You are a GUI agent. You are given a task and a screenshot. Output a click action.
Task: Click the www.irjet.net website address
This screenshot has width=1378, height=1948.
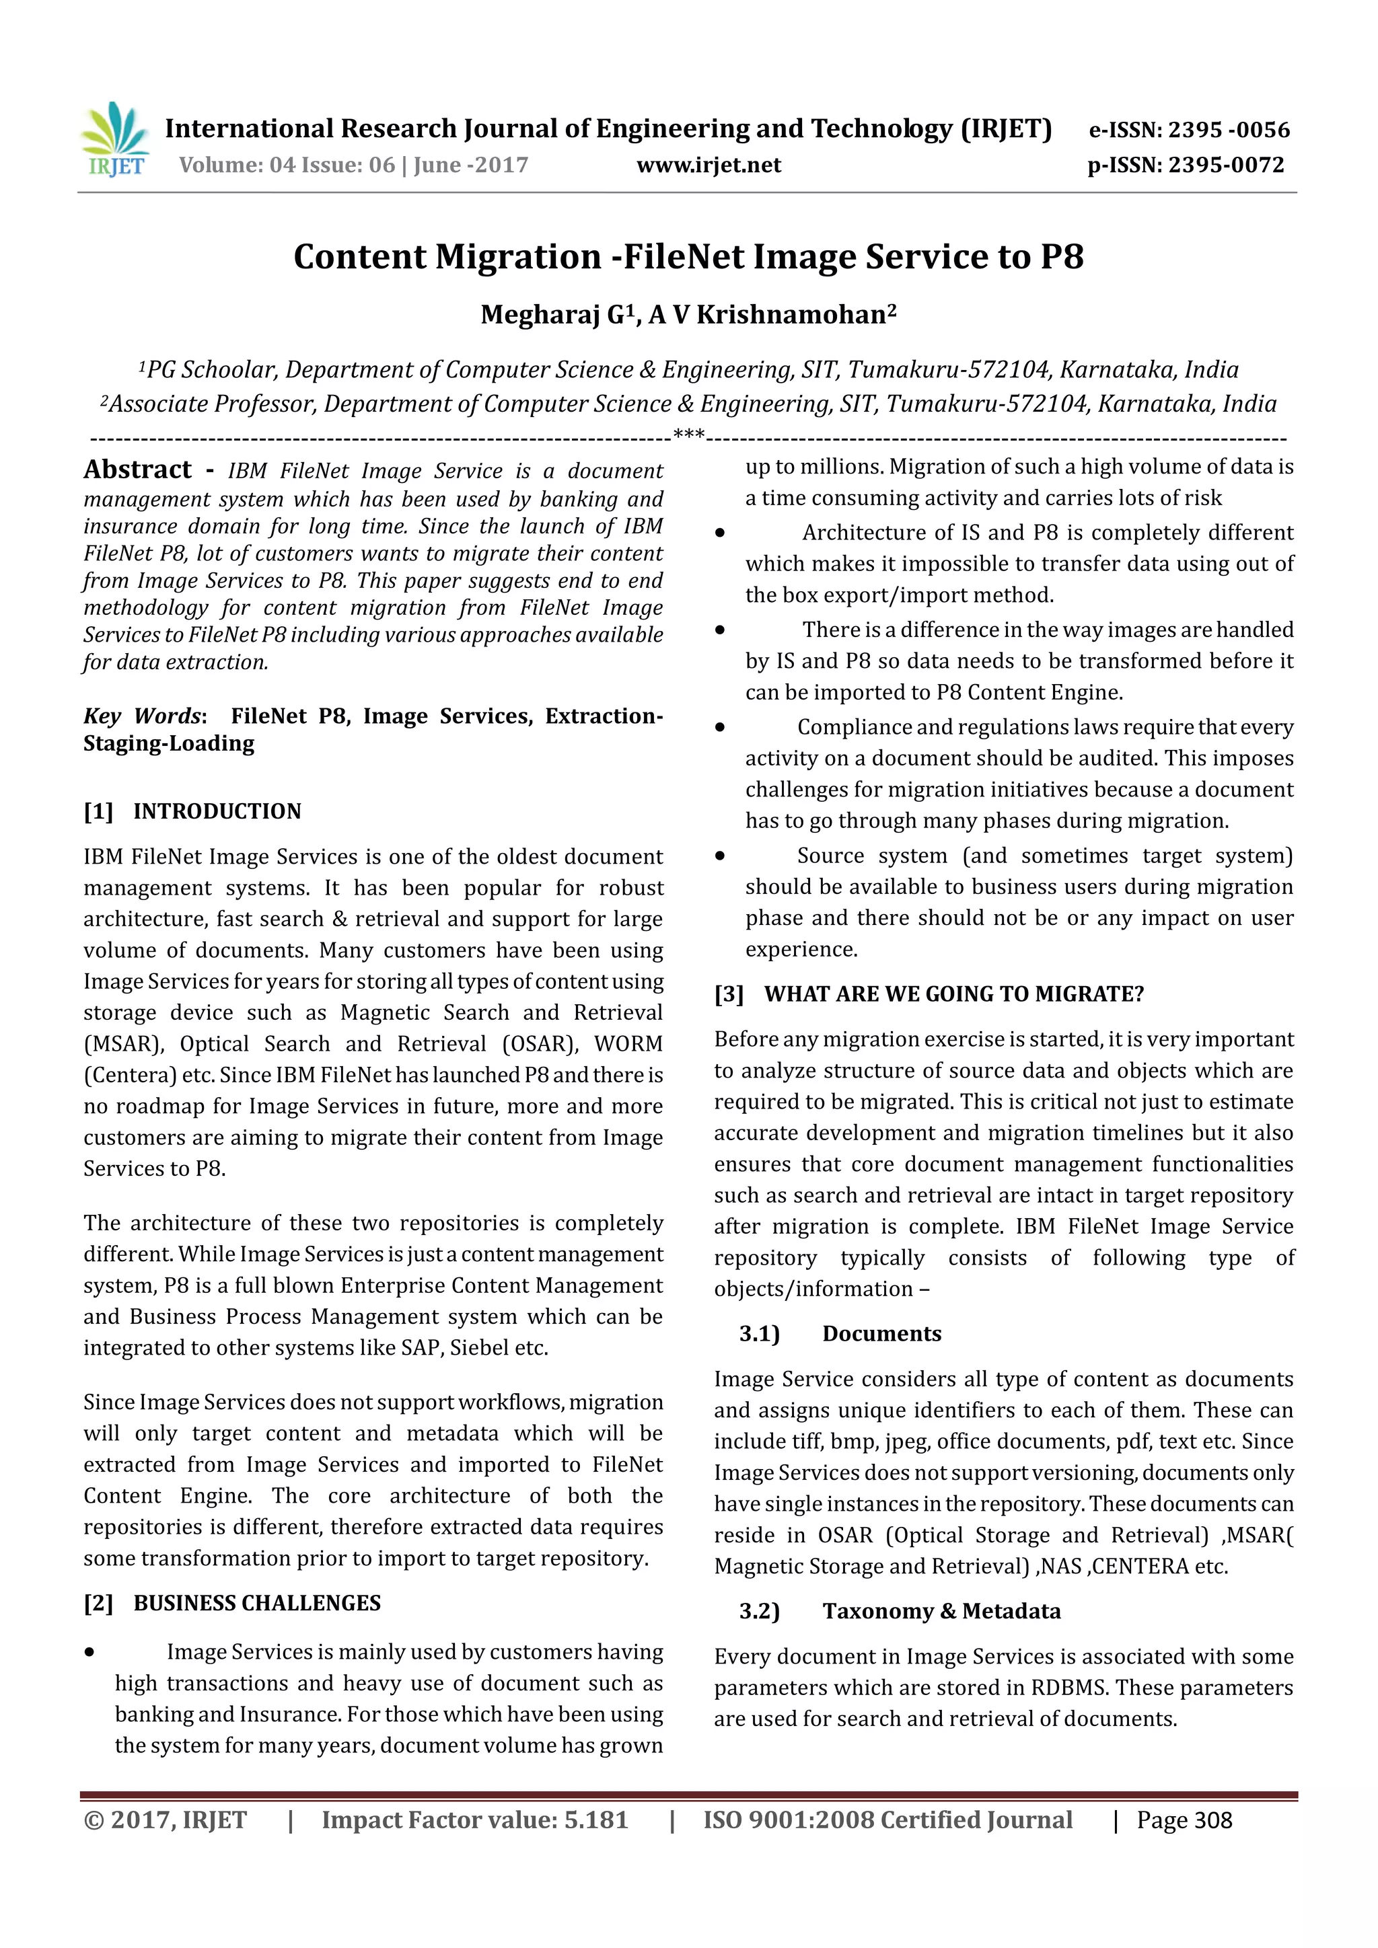(x=709, y=165)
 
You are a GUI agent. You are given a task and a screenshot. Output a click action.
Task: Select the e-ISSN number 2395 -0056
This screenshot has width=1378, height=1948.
(x=1229, y=130)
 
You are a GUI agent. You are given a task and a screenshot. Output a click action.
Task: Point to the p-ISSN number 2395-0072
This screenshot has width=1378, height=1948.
(x=1226, y=165)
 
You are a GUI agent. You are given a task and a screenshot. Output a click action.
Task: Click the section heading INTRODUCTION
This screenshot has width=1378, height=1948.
(x=217, y=812)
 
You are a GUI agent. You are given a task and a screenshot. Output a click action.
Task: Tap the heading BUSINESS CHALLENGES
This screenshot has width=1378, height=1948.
(x=256, y=1604)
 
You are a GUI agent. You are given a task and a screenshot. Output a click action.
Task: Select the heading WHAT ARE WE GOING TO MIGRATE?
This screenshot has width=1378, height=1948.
(x=953, y=994)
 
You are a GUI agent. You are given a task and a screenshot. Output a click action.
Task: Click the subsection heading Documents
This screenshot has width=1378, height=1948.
(x=881, y=1334)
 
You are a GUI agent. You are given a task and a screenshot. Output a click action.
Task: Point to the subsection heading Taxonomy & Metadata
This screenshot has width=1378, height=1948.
(x=941, y=1611)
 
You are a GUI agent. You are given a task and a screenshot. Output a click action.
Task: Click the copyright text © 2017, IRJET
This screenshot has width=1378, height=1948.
(x=166, y=1821)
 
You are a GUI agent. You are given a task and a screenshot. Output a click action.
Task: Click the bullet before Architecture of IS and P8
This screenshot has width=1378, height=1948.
(x=719, y=533)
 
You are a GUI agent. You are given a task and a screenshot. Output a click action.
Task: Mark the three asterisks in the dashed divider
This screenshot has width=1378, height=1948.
(x=688, y=436)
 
